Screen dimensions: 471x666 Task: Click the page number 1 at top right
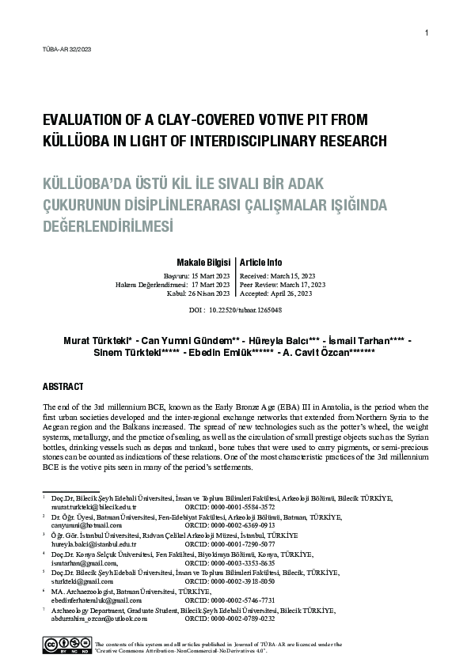pyautogui.click(x=427, y=32)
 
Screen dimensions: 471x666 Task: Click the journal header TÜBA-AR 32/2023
pyautogui.click(x=66, y=50)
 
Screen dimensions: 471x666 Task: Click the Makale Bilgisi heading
pyautogui.click(x=204, y=262)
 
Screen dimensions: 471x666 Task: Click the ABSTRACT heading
pyautogui.click(x=63, y=387)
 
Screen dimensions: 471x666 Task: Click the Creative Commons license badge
pyautogui.click(x=66, y=645)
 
